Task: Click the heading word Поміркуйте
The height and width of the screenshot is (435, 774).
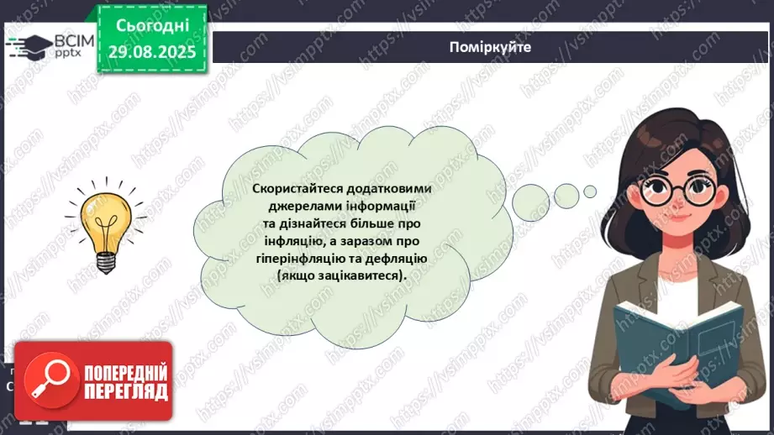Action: click(x=490, y=47)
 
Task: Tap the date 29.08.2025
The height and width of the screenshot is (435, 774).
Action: click(x=152, y=52)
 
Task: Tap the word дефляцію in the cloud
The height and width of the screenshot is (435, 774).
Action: click(x=396, y=259)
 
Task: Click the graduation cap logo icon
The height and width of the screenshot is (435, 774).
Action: click(x=28, y=45)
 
